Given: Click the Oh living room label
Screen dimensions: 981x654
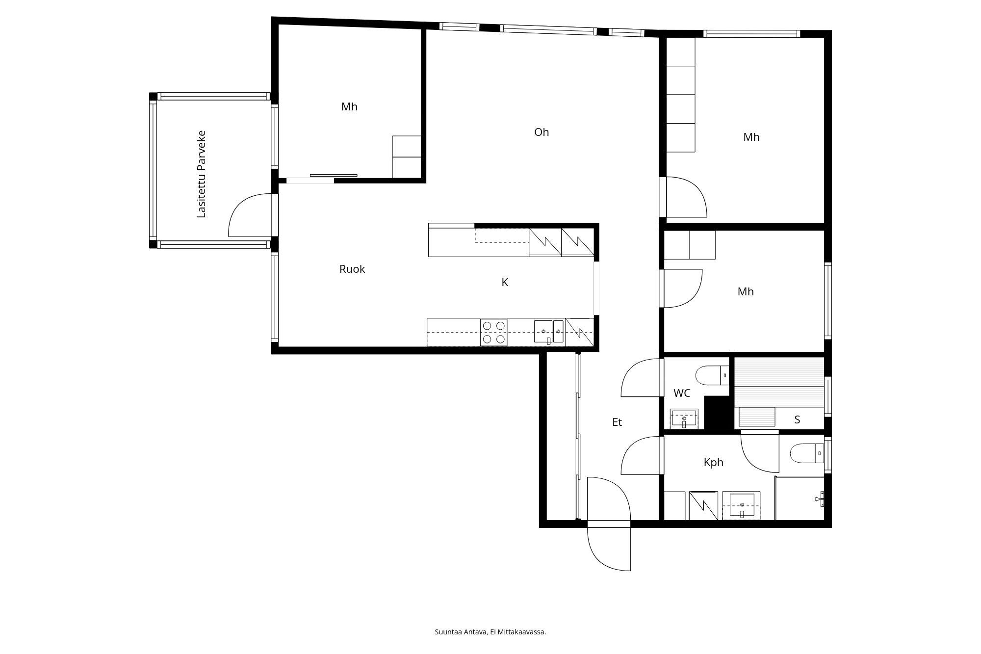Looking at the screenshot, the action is point(542,132).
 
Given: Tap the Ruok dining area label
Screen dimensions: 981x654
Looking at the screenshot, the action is point(352,269).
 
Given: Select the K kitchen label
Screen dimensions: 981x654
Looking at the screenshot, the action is point(505,282).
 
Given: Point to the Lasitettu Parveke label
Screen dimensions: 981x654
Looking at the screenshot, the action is point(201,174).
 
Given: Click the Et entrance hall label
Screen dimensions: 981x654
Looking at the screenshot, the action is point(617,422).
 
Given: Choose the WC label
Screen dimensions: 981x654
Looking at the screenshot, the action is point(682,393).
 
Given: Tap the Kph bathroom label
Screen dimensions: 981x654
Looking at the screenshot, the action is point(714,462).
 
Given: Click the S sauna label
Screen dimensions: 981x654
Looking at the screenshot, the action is point(797,419).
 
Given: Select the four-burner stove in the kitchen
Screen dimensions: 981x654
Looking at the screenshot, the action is point(494,332).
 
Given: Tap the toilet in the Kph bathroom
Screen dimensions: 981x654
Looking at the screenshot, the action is point(807,453).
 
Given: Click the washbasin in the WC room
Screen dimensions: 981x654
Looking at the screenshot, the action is point(684,419).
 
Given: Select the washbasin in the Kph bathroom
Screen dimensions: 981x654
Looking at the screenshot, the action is point(742,505).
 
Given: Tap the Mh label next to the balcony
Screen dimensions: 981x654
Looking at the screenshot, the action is point(349,106).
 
